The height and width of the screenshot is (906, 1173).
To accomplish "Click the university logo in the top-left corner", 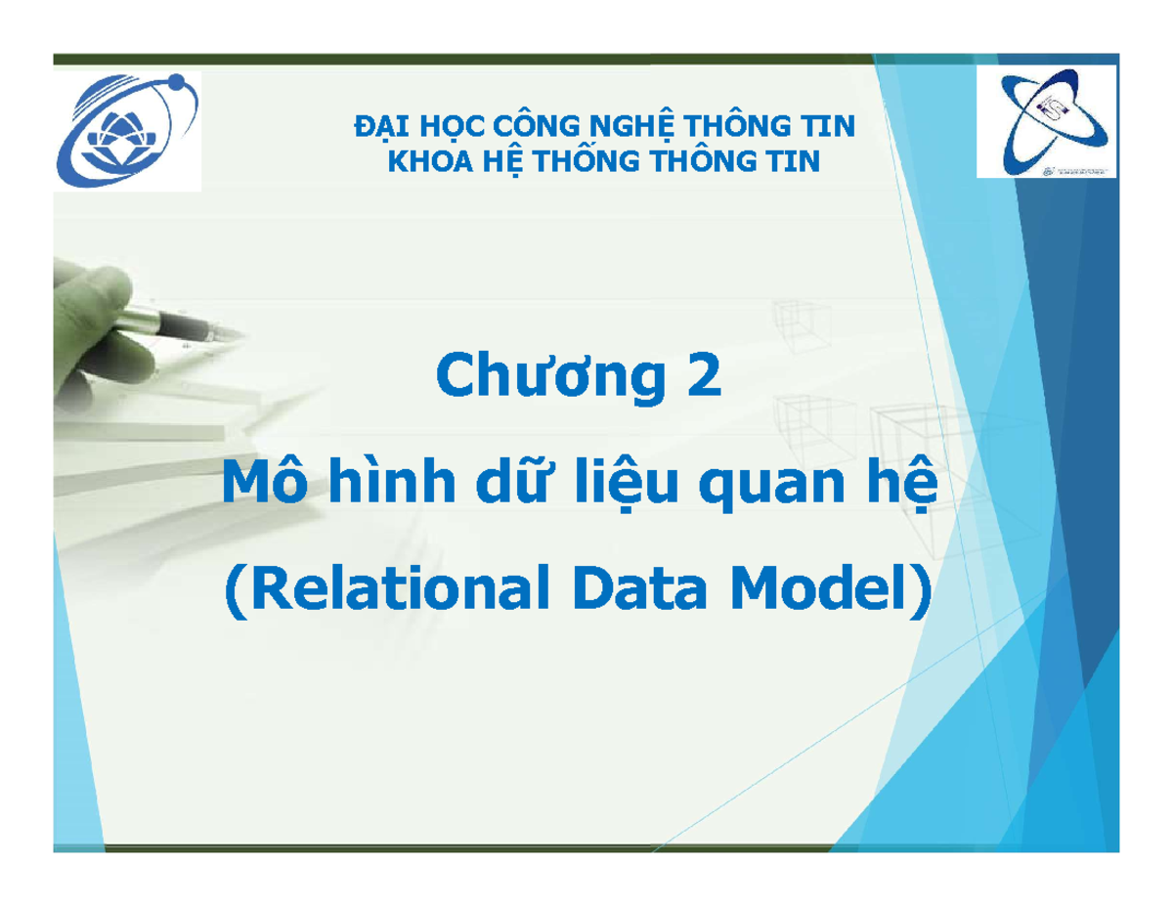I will (x=128, y=133).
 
